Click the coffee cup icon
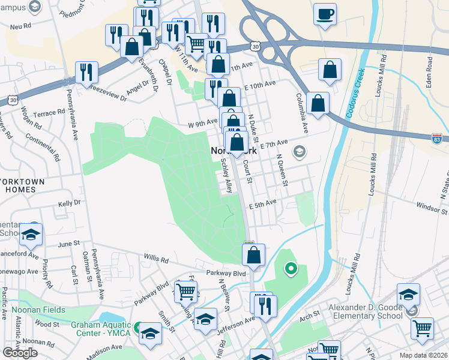pyautogui.click(x=325, y=15)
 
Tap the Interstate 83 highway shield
pyautogui.click(x=437, y=139)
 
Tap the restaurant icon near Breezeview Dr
pyautogui.click(x=87, y=73)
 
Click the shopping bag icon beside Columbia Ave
pyautogui.click(x=318, y=103)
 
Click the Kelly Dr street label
pyautogui.click(x=69, y=204)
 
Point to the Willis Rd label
pyautogui.click(x=156, y=259)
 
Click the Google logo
pyautogui.click(x=20, y=353)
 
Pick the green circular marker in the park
pyautogui.click(x=291, y=268)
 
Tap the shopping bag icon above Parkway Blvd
pyautogui.click(x=254, y=255)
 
